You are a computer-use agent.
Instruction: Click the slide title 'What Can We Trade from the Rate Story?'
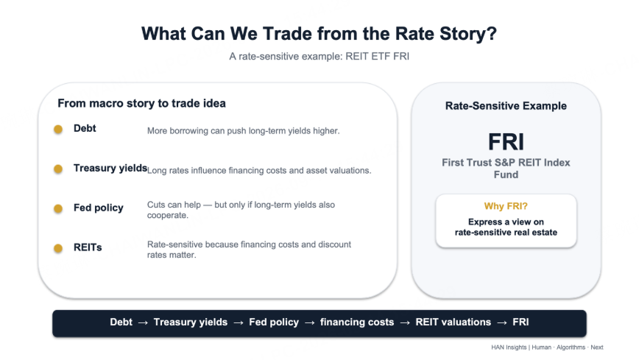319,34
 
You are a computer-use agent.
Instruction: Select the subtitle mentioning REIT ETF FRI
319,56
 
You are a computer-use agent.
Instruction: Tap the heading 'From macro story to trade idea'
141,103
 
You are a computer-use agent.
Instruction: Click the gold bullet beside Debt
58,130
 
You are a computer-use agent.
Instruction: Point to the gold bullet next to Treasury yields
58,169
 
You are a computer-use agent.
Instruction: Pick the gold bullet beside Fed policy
58,209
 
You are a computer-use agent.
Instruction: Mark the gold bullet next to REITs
58,248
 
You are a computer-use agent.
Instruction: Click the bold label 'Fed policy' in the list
98,208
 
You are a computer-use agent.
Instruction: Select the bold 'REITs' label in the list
88,247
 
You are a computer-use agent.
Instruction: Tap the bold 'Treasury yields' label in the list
110,169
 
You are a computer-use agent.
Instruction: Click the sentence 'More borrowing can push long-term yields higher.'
243,131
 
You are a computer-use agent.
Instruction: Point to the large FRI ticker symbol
506,142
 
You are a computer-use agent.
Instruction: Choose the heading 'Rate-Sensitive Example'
506,106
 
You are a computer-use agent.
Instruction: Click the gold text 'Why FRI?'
506,206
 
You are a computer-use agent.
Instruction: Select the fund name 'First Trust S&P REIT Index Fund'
506,169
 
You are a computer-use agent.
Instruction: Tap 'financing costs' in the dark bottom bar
357,322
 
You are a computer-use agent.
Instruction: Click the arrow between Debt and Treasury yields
143,323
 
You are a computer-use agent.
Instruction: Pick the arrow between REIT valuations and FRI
502,323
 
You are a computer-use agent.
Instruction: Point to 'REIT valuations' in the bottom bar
453,322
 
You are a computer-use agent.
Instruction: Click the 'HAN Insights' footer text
509,347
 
